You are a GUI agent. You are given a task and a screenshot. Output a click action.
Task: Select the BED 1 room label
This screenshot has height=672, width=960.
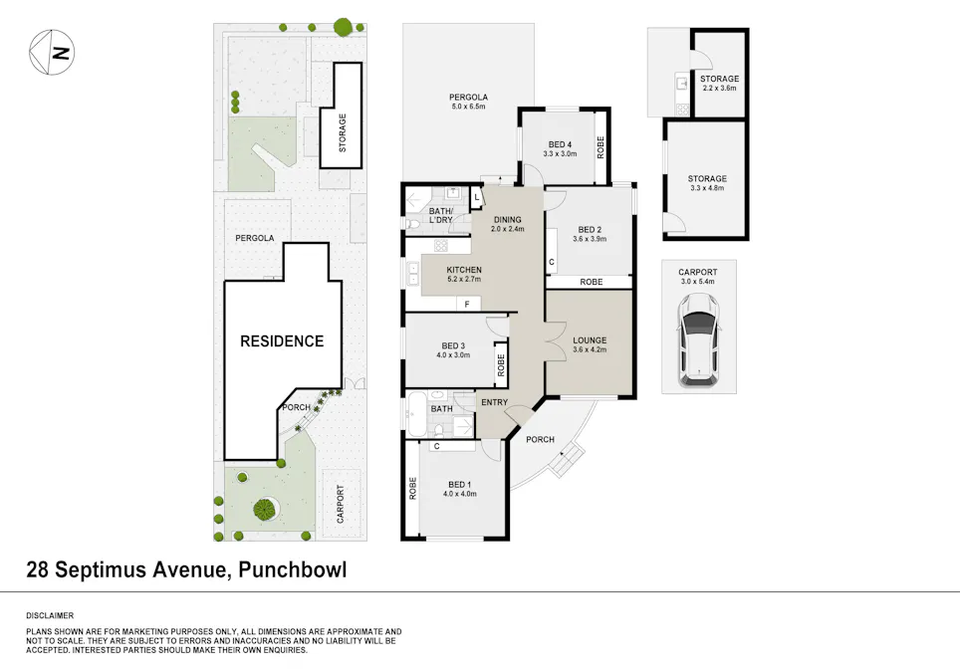pyautogui.click(x=461, y=484)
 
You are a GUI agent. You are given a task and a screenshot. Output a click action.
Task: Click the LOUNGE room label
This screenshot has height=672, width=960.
pyautogui.click(x=590, y=340)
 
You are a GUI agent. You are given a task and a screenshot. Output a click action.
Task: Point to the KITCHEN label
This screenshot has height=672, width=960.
pyautogui.click(x=464, y=270)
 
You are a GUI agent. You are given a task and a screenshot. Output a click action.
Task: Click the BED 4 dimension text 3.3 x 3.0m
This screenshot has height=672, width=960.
pyautogui.click(x=560, y=154)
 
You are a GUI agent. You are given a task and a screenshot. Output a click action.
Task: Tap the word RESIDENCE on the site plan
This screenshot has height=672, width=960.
pyautogui.click(x=282, y=341)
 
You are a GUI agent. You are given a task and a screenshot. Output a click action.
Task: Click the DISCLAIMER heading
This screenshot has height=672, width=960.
pyautogui.click(x=50, y=616)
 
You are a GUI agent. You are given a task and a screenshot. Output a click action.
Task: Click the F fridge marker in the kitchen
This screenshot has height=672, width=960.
pyautogui.click(x=465, y=304)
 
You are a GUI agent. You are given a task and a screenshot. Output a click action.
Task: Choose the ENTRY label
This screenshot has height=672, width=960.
pyautogui.click(x=494, y=402)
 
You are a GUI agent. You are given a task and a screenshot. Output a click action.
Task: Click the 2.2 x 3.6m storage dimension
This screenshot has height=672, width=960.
pyautogui.click(x=719, y=89)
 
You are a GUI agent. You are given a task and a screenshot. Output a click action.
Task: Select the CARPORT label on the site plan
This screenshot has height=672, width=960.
pyautogui.click(x=341, y=504)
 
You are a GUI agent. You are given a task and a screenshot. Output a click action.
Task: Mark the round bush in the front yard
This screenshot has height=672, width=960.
pyautogui.click(x=264, y=510)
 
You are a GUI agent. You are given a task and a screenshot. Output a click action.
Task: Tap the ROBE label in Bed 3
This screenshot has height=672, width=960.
pyautogui.click(x=501, y=366)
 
